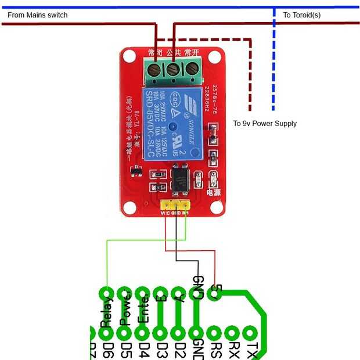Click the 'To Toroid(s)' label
301,15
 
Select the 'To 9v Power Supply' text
265,124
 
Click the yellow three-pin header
176,204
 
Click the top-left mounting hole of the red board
129,57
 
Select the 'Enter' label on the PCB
143,311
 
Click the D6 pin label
107,350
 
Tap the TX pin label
251,350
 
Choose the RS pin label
215,350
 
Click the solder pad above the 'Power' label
124,293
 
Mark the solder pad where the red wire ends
215,294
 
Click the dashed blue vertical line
273,58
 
